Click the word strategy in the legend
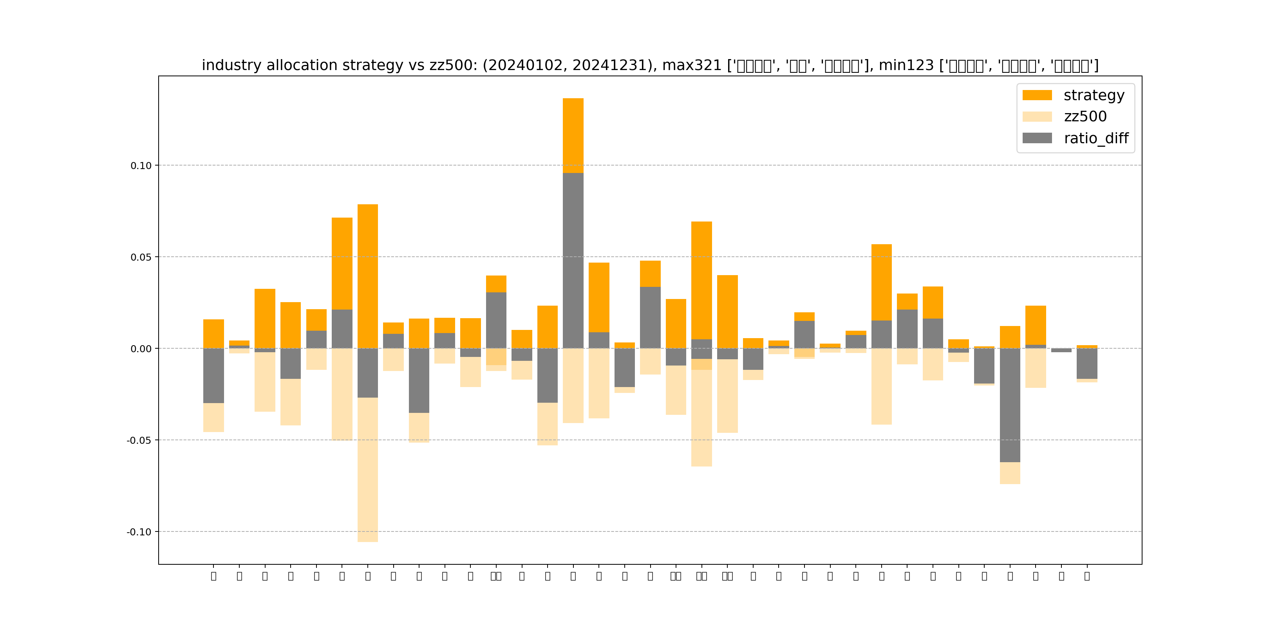(x=1094, y=95)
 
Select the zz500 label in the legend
(x=1085, y=117)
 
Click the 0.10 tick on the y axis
(x=141, y=166)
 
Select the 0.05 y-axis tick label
(x=141, y=258)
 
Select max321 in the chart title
(x=692, y=65)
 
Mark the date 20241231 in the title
(x=611, y=65)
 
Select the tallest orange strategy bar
(x=573, y=135)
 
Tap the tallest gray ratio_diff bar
(x=573, y=261)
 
